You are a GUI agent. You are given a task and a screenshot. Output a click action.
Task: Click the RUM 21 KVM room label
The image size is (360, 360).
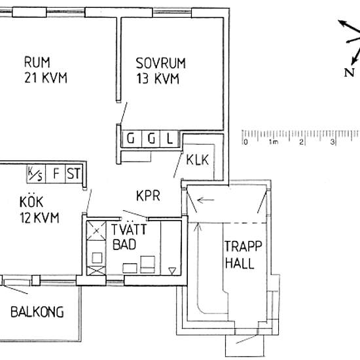[x=46, y=69]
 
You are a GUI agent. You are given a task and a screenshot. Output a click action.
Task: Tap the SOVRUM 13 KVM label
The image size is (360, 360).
[x=160, y=71]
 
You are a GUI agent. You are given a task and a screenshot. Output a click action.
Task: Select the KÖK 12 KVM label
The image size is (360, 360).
[x=39, y=209]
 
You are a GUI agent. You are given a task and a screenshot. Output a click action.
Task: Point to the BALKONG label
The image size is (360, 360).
[x=37, y=312]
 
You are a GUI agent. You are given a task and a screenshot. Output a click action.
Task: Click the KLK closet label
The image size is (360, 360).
[x=198, y=160]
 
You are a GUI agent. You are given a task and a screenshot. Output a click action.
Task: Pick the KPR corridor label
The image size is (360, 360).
[x=148, y=196]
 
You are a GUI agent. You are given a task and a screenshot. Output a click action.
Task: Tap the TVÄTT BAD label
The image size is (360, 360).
[x=129, y=237]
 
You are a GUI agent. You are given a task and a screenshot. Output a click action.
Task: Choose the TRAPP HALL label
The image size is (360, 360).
[x=243, y=255]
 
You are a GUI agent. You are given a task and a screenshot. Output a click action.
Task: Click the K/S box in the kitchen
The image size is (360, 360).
[x=36, y=173]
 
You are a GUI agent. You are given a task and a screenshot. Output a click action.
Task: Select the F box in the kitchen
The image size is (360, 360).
[x=56, y=173]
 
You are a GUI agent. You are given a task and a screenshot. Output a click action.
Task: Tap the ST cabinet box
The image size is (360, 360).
[x=74, y=173]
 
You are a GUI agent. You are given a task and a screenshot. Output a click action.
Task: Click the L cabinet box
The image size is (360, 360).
[x=170, y=139]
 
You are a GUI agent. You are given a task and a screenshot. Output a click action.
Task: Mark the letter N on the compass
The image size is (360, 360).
[x=349, y=73]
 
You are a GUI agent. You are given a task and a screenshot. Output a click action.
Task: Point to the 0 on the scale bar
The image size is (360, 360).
[x=245, y=142]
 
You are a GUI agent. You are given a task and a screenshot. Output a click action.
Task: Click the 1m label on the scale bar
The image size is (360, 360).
[x=274, y=142]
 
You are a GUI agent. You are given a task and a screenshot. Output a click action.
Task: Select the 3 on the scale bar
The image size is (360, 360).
[x=333, y=142]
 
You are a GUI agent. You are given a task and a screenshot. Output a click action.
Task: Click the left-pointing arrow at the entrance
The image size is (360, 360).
[x=206, y=200]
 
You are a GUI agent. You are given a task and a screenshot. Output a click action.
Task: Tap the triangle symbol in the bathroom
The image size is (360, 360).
[x=172, y=270]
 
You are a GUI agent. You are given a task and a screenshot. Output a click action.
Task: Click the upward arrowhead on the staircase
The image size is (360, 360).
[x=198, y=227]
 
